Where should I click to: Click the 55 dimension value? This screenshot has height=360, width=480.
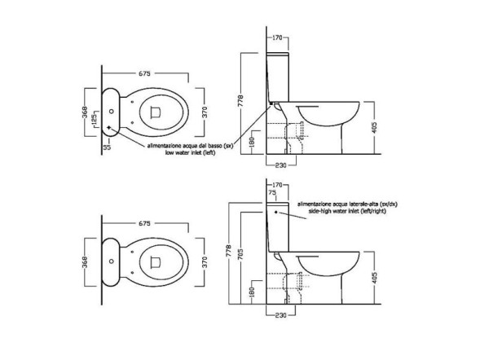click(x=107, y=147)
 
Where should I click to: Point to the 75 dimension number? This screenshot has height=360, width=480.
click(x=272, y=192)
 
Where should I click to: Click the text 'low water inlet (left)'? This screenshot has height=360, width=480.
click(x=190, y=152)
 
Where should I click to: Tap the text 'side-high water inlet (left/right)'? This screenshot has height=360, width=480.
click(x=347, y=211)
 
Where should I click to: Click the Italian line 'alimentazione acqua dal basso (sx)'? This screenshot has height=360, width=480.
click(x=190, y=146)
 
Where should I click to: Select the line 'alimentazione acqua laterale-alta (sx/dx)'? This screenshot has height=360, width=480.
click(x=347, y=204)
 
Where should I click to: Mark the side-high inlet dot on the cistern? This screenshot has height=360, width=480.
click(x=276, y=212)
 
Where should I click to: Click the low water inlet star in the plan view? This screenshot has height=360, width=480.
click(x=109, y=127)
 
